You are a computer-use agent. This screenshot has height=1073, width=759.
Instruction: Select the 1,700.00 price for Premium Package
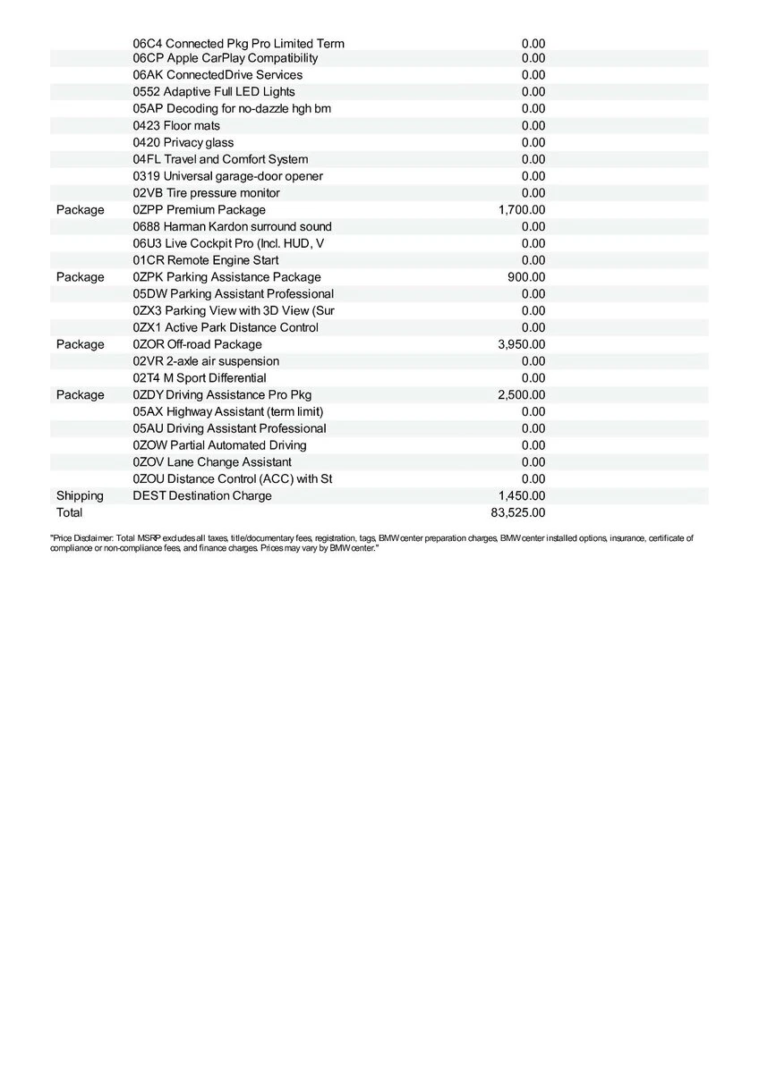coord(522,210)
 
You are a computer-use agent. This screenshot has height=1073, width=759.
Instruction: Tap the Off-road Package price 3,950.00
coord(522,344)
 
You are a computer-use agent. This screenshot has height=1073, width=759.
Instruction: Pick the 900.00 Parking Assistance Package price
coord(526,277)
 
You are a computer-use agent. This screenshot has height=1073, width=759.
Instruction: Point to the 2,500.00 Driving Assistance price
coord(522,395)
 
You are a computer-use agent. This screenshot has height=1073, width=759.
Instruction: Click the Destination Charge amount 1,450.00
coord(522,495)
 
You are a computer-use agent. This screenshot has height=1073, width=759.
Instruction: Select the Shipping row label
coord(80,495)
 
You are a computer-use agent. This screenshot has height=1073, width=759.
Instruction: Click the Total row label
coord(69,512)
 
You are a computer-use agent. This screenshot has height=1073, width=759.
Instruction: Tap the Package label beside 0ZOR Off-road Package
coord(80,344)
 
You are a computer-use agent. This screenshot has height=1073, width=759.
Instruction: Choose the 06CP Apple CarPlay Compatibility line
coord(226,58)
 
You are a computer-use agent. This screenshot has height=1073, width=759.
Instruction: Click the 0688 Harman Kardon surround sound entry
coord(232,227)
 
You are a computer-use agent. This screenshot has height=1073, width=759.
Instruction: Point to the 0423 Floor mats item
coord(176,126)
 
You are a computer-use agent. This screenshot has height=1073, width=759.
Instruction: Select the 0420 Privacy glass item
coord(183,143)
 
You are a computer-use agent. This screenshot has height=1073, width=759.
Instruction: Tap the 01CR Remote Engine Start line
coord(206,260)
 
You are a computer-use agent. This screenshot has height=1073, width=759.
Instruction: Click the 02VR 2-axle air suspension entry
coord(206,361)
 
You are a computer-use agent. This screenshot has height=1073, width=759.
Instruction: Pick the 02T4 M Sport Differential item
coord(200,378)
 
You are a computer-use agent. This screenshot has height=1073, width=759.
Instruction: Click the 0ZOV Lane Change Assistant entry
coord(212,462)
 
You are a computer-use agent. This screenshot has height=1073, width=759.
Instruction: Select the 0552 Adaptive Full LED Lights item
coord(214,92)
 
